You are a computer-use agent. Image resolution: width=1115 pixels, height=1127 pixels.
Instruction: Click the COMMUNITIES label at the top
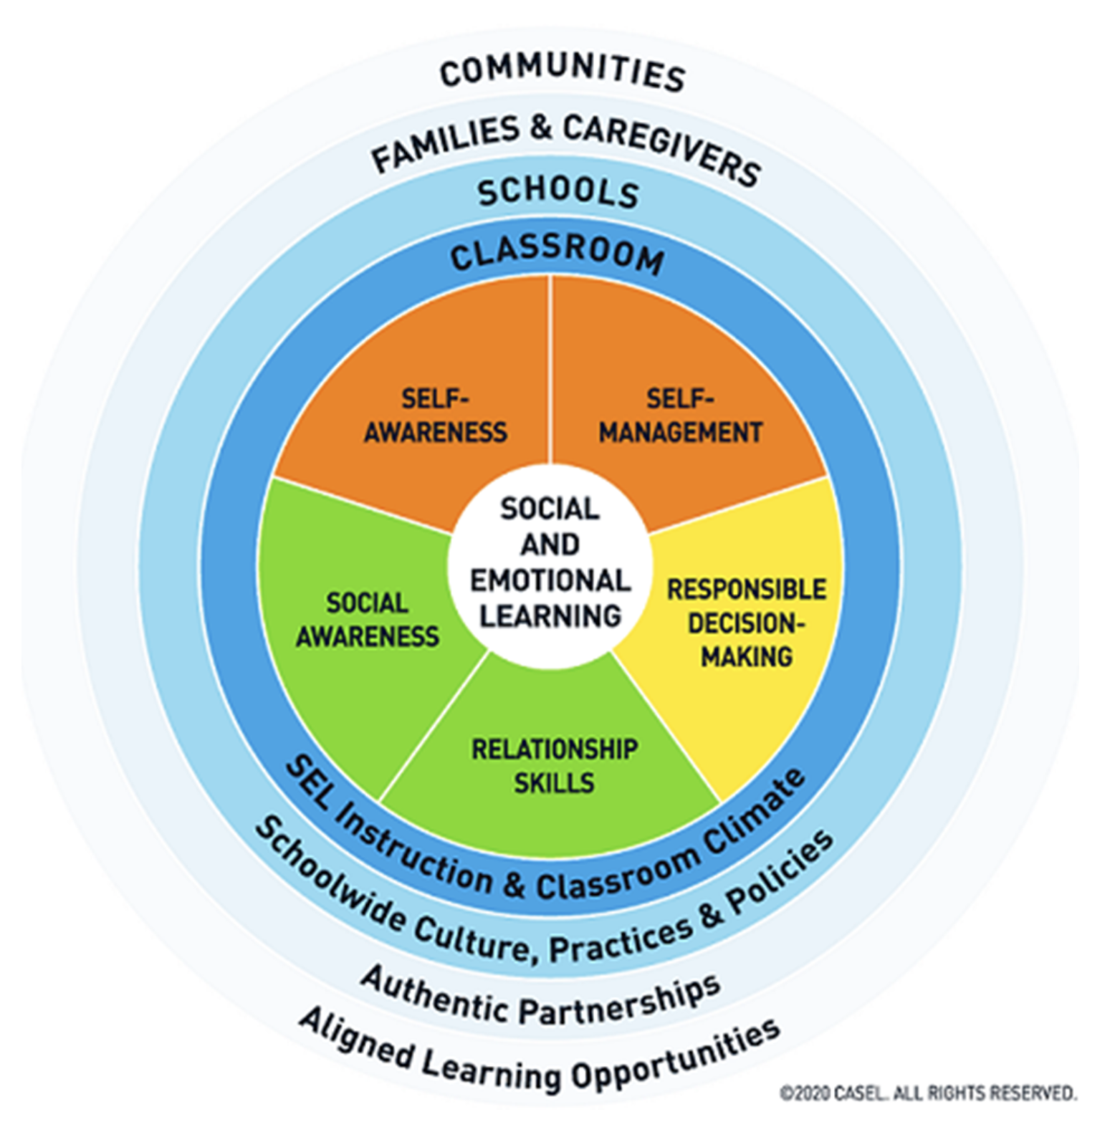[x=563, y=72]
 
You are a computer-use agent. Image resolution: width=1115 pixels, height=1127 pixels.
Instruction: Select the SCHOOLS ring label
[x=558, y=192]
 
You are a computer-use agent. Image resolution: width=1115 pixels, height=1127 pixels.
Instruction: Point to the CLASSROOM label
[x=557, y=254]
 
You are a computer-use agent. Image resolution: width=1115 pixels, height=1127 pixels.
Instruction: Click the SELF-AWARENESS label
[x=435, y=416]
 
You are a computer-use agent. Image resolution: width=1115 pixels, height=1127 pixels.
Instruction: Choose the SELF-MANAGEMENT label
[x=680, y=416]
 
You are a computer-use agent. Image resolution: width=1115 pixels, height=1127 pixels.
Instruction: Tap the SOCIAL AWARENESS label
[x=367, y=620]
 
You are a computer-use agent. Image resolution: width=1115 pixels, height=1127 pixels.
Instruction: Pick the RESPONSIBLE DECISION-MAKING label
[x=747, y=623]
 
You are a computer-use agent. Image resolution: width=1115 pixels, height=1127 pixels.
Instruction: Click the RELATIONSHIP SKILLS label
[x=554, y=766]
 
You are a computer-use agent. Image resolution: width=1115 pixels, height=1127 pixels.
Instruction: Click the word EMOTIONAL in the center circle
[x=550, y=580]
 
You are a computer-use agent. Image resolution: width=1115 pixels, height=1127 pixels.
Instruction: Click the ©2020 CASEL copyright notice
[x=928, y=1093]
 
